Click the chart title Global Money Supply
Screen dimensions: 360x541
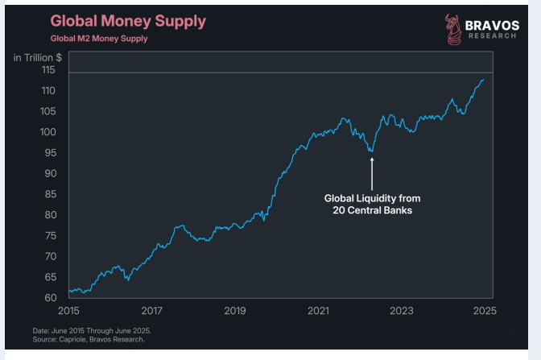[x=127, y=21]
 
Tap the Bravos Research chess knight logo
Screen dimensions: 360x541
[x=452, y=29]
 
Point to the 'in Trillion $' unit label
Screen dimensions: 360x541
[x=38, y=57]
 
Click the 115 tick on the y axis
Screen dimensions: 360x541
[x=49, y=70]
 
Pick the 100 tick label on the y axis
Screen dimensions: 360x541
[x=49, y=132]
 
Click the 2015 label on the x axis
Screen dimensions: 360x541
[x=69, y=310]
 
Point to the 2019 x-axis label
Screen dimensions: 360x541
[x=235, y=310]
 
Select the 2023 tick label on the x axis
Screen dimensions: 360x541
[x=401, y=310]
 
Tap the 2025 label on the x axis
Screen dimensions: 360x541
[x=484, y=310]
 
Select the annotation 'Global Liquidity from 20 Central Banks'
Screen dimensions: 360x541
[x=372, y=204]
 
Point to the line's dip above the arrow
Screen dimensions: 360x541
[x=371, y=151]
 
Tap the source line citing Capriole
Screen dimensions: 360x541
[x=89, y=340]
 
